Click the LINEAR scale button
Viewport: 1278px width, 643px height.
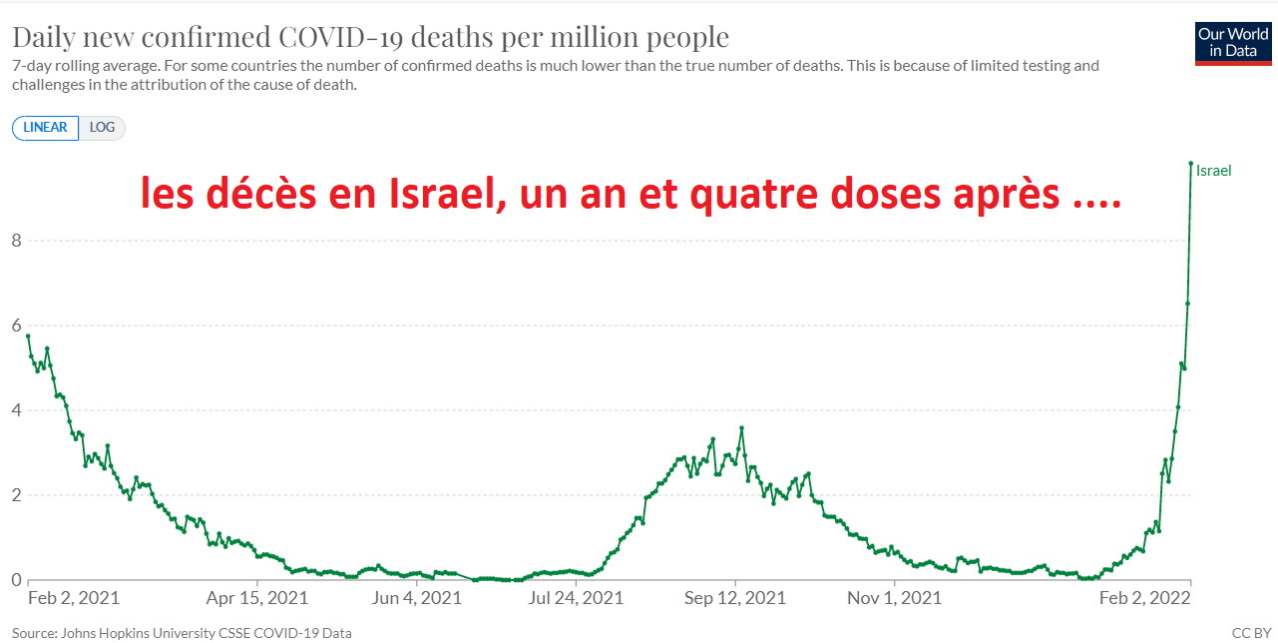coord(45,128)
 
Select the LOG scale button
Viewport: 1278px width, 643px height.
coord(102,128)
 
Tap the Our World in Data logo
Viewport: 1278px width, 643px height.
coord(1232,42)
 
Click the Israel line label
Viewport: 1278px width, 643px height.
coord(1213,171)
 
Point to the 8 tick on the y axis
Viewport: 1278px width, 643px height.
coord(16,241)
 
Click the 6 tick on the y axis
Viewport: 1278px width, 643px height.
coord(16,325)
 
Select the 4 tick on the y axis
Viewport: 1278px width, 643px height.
coord(16,410)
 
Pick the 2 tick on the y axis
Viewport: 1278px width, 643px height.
coord(16,495)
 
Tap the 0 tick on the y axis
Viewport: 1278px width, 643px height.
coord(16,580)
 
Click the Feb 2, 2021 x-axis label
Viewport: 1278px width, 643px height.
coord(74,598)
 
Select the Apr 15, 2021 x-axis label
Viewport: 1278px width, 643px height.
coord(257,598)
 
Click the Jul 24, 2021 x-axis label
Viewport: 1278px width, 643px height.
coord(576,598)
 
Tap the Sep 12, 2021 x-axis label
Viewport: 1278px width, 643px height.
coord(735,598)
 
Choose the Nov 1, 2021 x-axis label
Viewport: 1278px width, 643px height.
coord(895,598)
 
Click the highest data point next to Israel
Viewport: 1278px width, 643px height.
coord(1191,164)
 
